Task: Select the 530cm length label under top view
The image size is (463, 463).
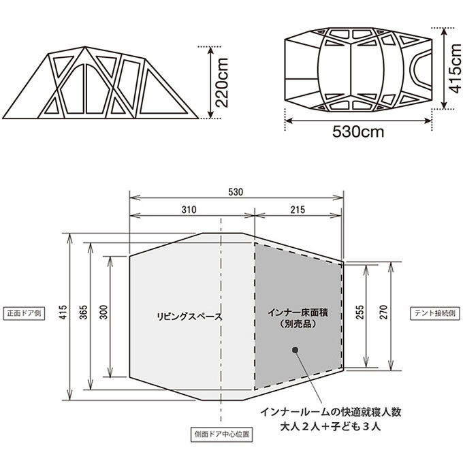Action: click(358, 131)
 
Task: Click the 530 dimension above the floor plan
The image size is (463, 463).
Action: click(236, 192)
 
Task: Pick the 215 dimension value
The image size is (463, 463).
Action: click(297, 210)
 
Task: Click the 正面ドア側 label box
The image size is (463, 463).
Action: click(23, 315)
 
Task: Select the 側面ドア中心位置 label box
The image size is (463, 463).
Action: click(222, 433)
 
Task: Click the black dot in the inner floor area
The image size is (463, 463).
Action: click(296, 350)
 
